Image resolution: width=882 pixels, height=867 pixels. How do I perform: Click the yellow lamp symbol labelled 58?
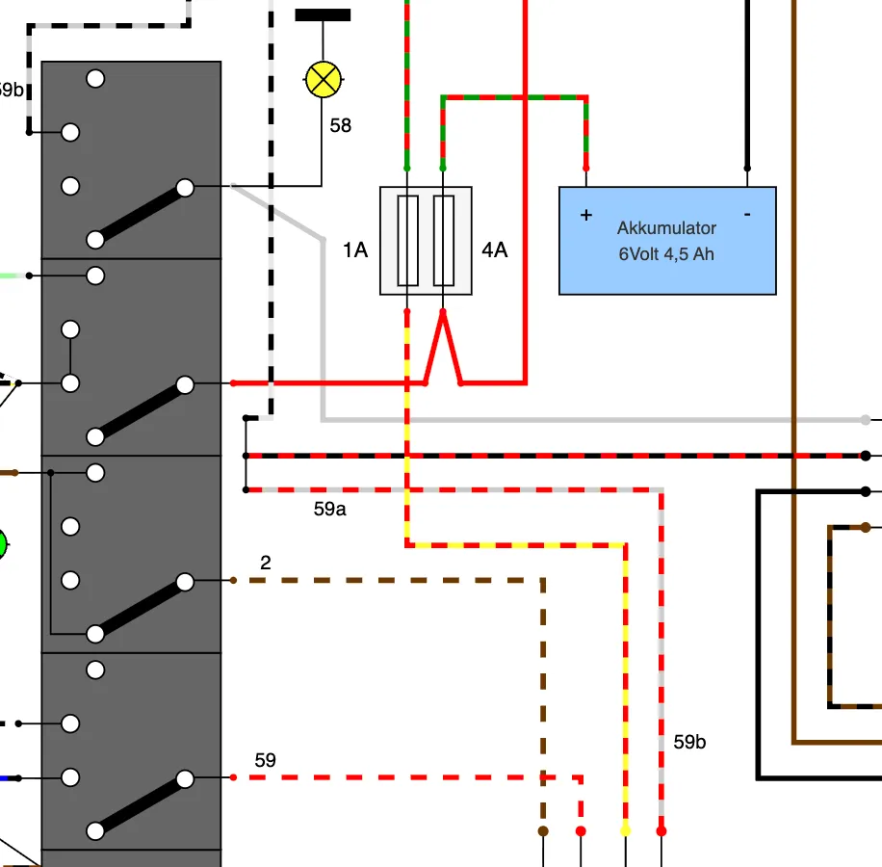(x=323, y=79)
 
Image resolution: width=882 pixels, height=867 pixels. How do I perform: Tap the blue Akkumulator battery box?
(x=667, y=240)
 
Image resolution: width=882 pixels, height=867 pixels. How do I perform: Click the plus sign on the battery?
(x=586, y=215)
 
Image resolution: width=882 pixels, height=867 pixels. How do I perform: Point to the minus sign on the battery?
(x=747, y=214)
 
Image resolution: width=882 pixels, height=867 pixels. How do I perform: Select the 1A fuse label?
(x=355, y=250)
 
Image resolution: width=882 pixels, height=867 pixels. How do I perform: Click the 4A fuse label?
(x=494, y=250)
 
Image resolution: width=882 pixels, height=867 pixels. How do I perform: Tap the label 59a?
(x=329, y=510)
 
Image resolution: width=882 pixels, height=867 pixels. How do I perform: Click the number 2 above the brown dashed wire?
(x=266, y=563)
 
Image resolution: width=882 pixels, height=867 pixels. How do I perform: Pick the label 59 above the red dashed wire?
(x=265, y=761)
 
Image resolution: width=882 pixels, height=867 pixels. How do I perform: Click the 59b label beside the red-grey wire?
(x=689, y=742)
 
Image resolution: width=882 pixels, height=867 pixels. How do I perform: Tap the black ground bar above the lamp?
(x=323, y=15)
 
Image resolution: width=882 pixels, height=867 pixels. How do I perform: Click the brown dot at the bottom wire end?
(x=543, y=831)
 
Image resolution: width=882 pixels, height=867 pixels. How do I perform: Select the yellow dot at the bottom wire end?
(x=626, y=831)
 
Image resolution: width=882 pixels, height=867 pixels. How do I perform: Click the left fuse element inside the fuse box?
(x=408, y=241)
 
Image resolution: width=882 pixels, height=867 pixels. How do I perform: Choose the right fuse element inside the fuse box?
(x=444, y=241)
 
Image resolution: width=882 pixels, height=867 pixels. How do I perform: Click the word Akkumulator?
(x=666, y=228)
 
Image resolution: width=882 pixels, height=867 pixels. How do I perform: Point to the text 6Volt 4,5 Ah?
(x=666, y=254)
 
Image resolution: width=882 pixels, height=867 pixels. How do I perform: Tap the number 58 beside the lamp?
(x=340, y=125)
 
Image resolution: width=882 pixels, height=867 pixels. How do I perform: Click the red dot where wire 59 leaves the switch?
(x=233, y=777)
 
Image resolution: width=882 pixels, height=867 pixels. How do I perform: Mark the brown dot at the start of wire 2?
(x=233, y=580)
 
